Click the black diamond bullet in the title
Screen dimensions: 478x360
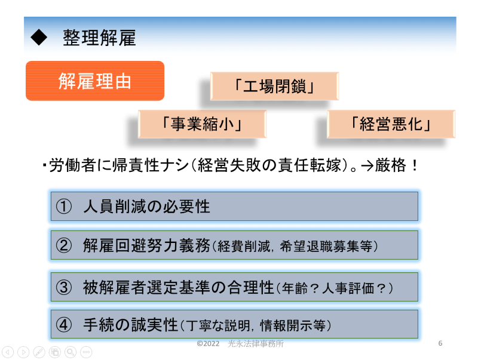click(39, 38)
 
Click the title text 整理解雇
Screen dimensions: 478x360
click(99, 38)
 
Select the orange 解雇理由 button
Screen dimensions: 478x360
click(95, 81)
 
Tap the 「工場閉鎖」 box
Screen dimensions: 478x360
click(274, 86)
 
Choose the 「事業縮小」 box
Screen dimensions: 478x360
click(202, 124)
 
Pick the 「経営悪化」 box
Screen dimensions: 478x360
click(391, 124)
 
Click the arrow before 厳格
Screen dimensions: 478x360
click(367, 166)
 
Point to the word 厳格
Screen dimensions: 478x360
click(390, 165)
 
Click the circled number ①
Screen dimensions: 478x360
click(64, 207)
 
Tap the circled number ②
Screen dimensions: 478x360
click(64, 245)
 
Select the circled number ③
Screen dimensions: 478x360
click(64, 287)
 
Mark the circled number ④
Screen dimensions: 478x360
click(64, 325)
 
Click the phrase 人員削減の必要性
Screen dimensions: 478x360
click(146, 207)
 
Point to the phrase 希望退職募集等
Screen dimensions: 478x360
click(326, 247)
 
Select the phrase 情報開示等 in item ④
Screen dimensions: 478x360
click(293, 325)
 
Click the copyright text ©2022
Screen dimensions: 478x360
click(208, 343)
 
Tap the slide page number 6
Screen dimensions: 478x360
click(440, 343)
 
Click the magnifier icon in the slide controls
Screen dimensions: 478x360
click(71, 352)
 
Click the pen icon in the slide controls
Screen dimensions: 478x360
click(39, 352)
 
